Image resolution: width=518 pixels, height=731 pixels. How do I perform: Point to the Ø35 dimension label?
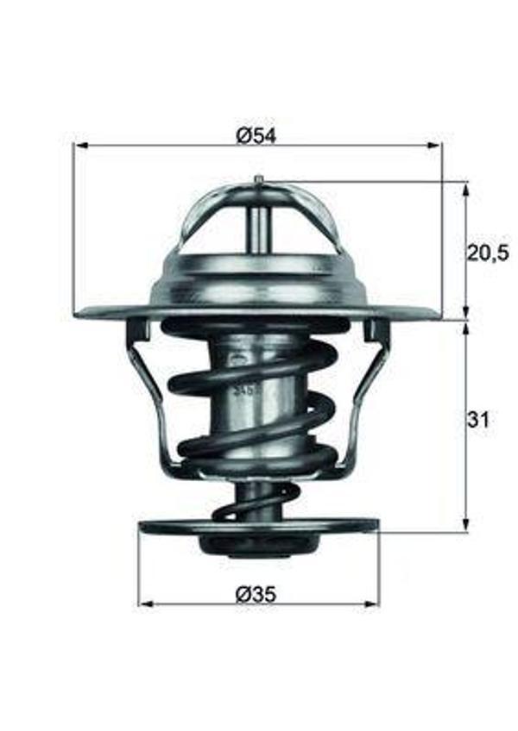click(x=257, y=593)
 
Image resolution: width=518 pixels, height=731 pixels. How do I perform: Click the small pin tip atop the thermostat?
click(x=257, y=179)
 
